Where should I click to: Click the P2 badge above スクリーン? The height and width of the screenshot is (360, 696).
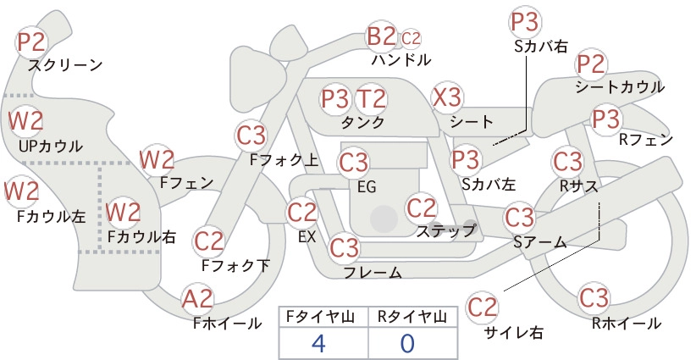(x=31, y=42)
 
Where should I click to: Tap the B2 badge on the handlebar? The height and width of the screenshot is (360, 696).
(x=381, y=36)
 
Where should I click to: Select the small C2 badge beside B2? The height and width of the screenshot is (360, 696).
(x=411, y=39)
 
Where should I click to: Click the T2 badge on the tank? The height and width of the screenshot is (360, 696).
(x=371, y=99)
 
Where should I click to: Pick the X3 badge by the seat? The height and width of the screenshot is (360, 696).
(x=447, y=97)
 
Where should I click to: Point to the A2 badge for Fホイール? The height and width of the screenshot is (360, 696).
(x=197, y=299)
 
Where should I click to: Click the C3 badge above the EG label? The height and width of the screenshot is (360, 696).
(x=353, y=163)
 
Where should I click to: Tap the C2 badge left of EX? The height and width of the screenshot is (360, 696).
(x=301, y=213)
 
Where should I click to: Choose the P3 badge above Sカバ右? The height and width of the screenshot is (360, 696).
(x=525, y=23)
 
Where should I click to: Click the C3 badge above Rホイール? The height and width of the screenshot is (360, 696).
(x=594, y=298)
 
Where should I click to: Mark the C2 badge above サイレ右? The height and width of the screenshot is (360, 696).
(x=482, y=307)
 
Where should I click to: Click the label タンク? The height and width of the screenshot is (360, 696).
(x=362, y=122)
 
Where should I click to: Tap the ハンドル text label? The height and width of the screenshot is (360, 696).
(x=401, y=59)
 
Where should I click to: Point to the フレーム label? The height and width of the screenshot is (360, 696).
(x=373, y=272)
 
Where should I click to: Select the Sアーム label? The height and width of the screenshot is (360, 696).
(x=540, y=242)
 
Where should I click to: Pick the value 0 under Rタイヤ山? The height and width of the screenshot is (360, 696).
(x=407, y=343)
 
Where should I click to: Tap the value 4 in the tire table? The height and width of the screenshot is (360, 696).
(x=318, y=343)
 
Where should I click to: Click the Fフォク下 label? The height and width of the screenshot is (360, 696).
(x=235, y=265)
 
